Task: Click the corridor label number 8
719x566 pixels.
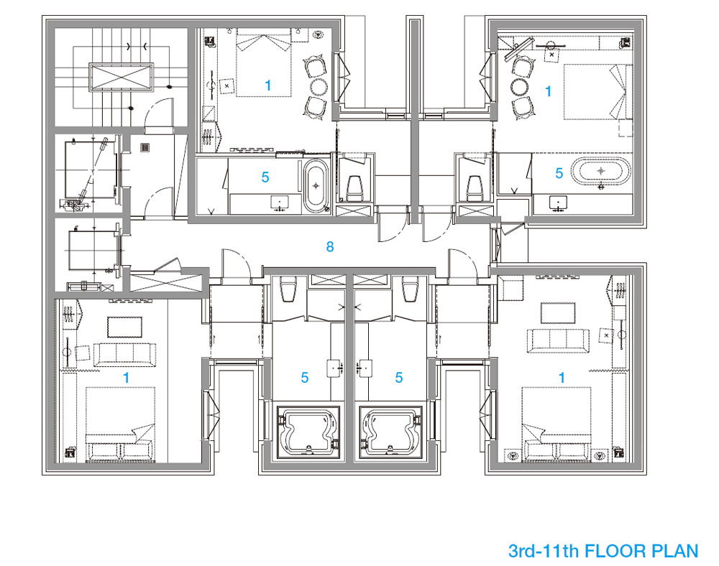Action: pyautogui.click(x=330, y=247)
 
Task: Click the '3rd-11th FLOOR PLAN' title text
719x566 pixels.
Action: pyautogui.click(x=603, y=551)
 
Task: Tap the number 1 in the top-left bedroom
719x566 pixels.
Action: pyautogui.click(x=268, y=85)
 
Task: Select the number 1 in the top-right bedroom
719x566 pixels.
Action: pyautogui.click(x=548, y=91)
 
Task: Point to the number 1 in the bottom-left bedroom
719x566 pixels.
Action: pyautogui.click(x=126, y=378)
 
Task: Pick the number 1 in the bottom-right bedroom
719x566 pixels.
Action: pyautogui.click(x=562, y=378)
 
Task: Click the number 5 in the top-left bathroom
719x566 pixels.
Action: pyautogui.click(x=265, y=177)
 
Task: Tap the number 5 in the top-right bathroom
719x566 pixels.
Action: pyautogui.click(x=559, y=173)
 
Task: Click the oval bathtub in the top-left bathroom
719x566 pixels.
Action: pyautogui.click(x=316, y=185)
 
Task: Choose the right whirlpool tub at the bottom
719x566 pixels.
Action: pyautogui.click(x=391, y=432)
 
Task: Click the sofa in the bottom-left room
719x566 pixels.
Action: pyautogui.click(x=124, y=354)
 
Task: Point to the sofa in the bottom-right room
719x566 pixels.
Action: pyautogui.click(x=558, y=340)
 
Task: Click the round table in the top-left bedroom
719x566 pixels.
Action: pyautogui.click(x=319, y=85)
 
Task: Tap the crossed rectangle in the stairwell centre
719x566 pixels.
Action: pyautogui.click(x=121, y=78)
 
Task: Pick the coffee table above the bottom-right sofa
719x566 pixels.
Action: pyautogui.click(x=558, y=312)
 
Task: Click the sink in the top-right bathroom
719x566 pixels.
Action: pyautogui.click(x=558, y=203)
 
